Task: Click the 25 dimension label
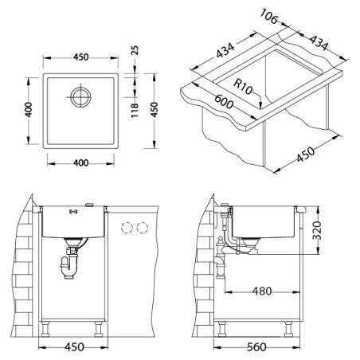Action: (135, 50)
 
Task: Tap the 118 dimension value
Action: (135, 110)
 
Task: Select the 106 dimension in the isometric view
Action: (268, 17)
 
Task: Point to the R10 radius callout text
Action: (243, 87)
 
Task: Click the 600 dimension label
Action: (224, 102)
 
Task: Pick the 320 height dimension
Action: (316, 230)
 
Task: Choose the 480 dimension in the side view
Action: (262, 292)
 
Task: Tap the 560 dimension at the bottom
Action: (256, 347)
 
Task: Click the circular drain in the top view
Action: (80, 96)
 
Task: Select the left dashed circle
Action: (127, 228)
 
